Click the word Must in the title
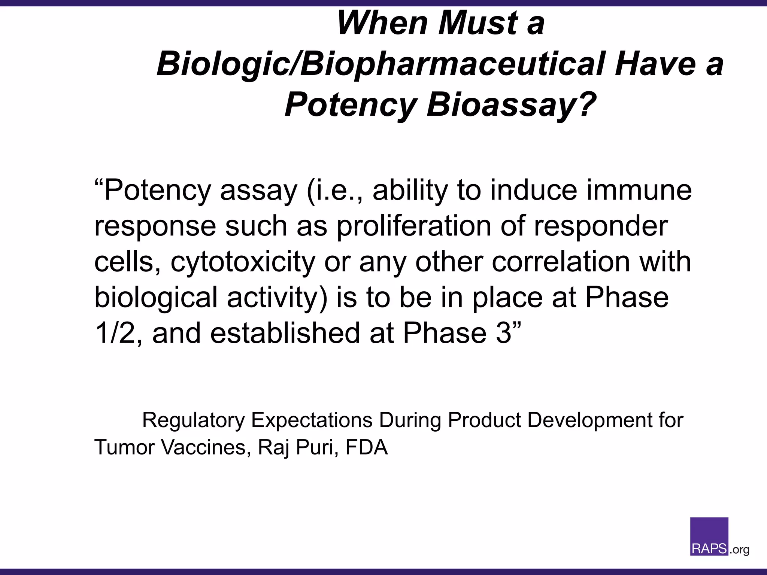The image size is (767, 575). point(478,23)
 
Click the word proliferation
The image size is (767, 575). point(414,226)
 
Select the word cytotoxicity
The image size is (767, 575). point(243,262)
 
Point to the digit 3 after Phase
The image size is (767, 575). point(503,333)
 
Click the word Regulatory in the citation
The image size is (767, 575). point(193,420)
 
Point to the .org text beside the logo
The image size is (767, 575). point(740,550)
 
